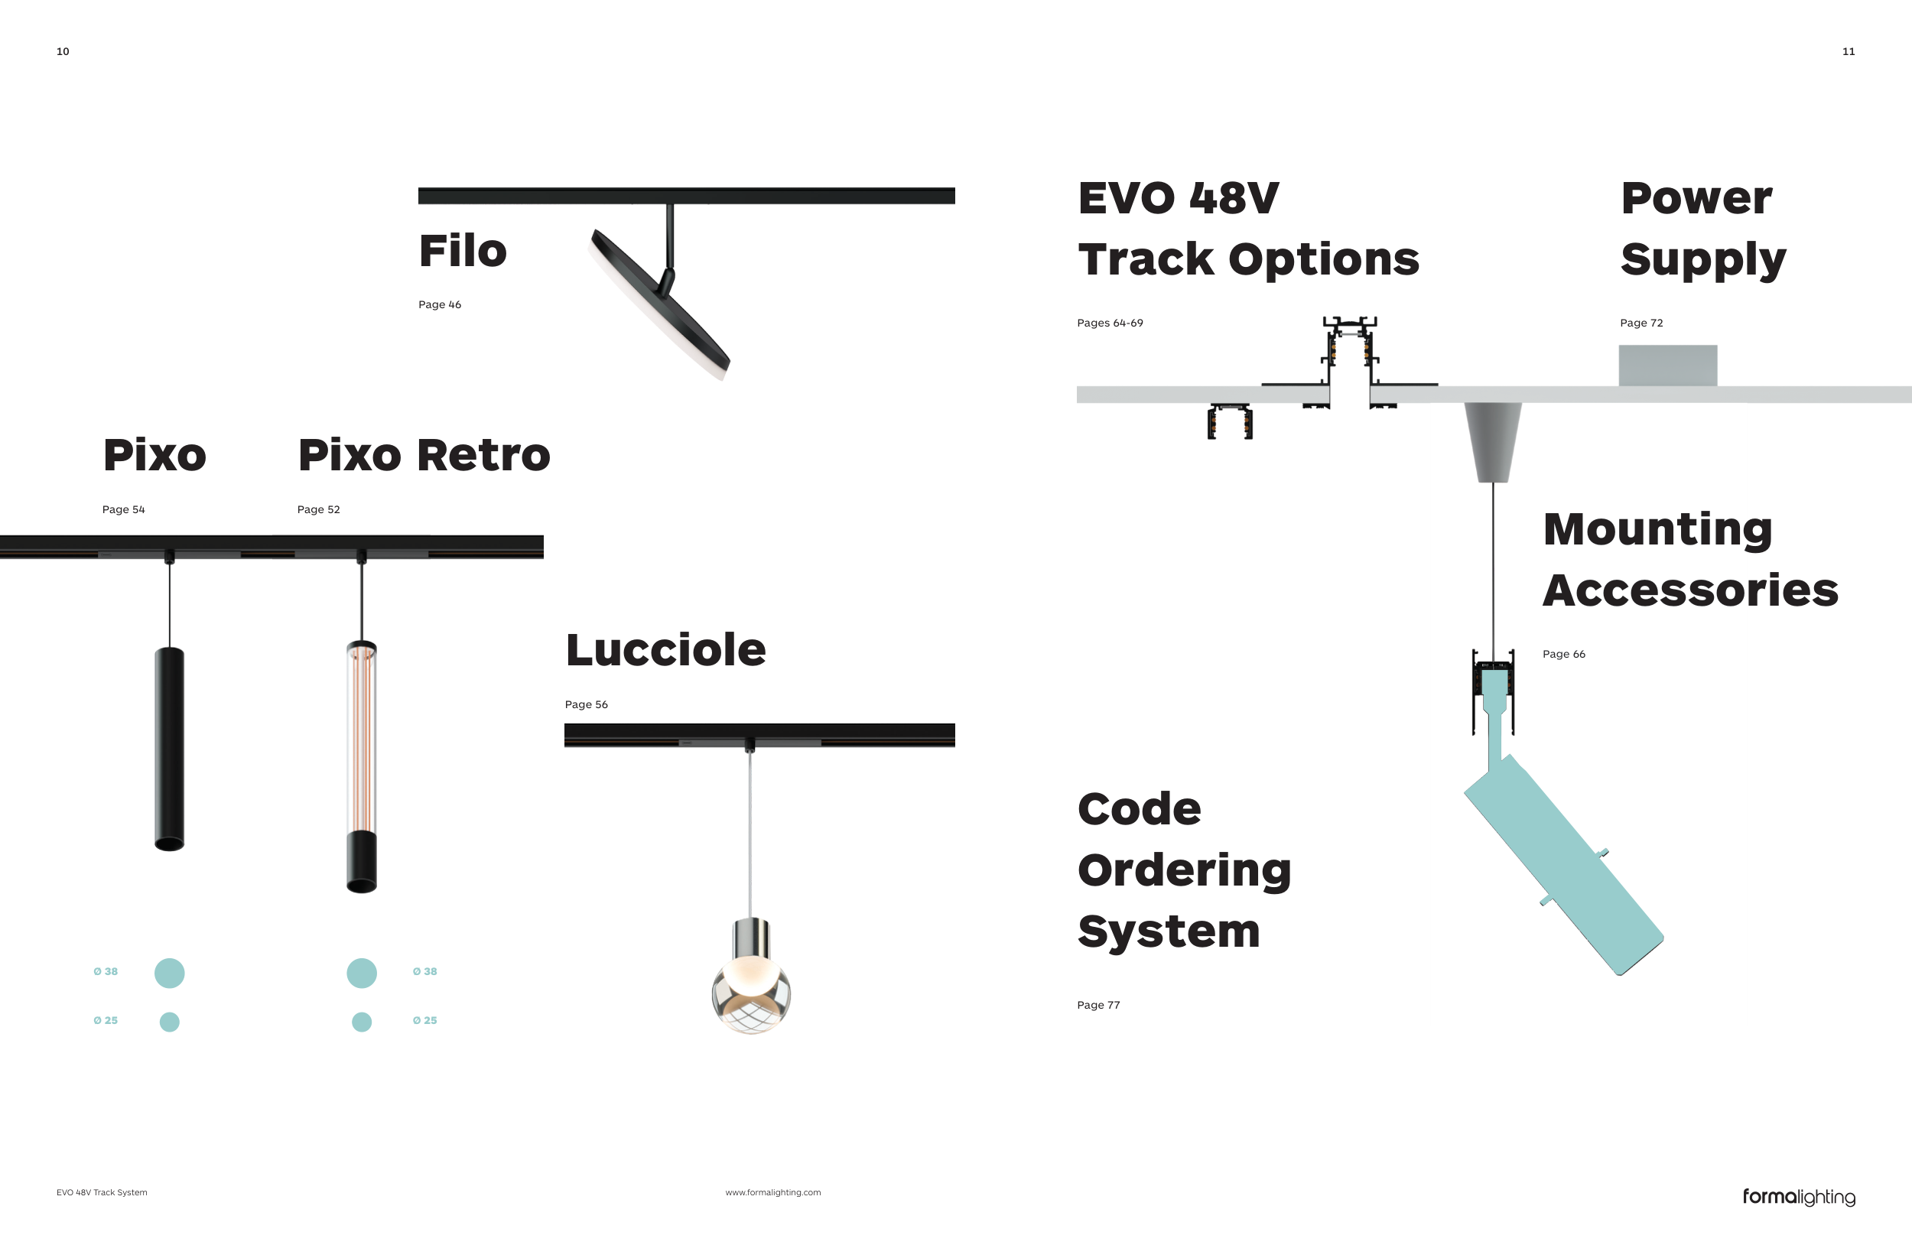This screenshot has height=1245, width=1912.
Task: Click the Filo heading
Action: [x=463, y=251]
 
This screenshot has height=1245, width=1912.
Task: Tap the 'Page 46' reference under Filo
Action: [x=440, y=304]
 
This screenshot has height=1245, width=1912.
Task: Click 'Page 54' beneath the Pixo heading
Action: [x=123, y=509]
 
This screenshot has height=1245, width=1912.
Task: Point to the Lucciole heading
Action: [x=665, y=649]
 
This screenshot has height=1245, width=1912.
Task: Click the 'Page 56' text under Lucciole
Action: [x=586, y=704]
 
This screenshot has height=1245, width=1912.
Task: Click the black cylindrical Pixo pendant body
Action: [x=170, y=747]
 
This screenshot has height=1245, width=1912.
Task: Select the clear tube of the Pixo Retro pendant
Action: [x=362, y=735]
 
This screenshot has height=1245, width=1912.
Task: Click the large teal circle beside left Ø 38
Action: [x=170, y=973]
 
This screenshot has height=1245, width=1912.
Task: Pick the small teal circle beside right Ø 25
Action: [x=362, y=1022]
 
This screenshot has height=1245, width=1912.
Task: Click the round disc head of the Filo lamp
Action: [x=658, y=305]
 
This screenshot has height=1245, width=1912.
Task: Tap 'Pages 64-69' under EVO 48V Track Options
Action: [x=1110, y=323]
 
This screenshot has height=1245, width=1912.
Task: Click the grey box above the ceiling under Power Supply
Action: [x=1668, y=366]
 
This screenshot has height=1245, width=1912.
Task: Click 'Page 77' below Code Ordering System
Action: [x=1098, y=1005]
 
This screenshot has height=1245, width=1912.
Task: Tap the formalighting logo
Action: [x=1799, y=1197]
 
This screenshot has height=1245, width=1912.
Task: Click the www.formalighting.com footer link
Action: [x=773, y=1192]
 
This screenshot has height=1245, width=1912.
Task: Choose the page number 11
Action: [x=1849, y=51]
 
